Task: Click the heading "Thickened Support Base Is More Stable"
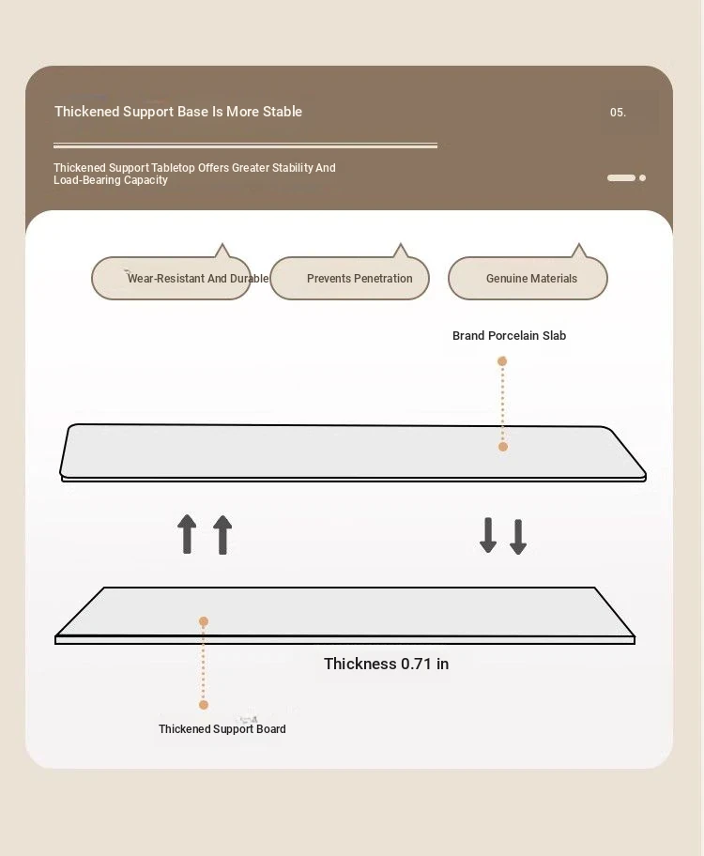(178, 112)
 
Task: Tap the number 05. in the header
(618, 113)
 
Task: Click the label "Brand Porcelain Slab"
(509, 336)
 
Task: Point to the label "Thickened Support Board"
(222, 729)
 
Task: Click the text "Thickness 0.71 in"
(386, 664)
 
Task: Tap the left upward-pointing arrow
(187, 534)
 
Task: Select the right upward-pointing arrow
(222, 535)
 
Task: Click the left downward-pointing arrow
(488, 535)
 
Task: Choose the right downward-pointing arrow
(518, 537)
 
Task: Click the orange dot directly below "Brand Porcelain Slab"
(502, 360)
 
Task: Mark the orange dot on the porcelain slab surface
(503, 447)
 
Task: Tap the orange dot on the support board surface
(204, 621)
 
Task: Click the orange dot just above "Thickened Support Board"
(204, 705)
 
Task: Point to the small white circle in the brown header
(642, 178)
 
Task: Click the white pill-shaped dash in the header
(621, 178)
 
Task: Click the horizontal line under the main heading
(245, 145)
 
